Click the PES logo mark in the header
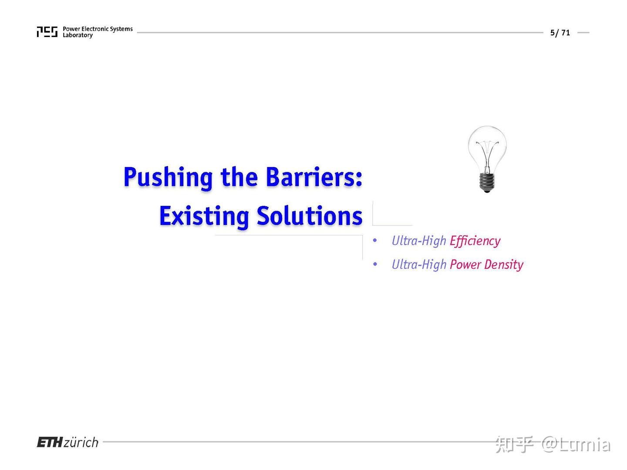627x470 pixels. pyautogui.click(x=47, y=32)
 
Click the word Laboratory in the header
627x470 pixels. pyautogui.click(x=78, y=35)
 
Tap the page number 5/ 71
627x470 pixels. pyautogui.click(x=560, y=33)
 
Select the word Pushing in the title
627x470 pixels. pyautogui.click(x=168, y=178)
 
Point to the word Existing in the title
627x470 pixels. pyautogui.click(x=204, y=216)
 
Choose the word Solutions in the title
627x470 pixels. pyautogui.click(x=309, y=216)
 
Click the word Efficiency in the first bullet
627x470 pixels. pyautogui.click(x=475, y=241)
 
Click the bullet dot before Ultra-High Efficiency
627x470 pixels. pyautogui.click(x=375, y=240)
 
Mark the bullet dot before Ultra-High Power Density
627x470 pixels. pyautogui.click(x=375, y=264)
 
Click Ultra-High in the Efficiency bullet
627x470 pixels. pyautogui.click(x=419, y=241)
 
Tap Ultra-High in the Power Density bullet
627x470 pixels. pyautogui.click(x=419, y=265)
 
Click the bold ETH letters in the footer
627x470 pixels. pyautogui.click(x=50, y=443)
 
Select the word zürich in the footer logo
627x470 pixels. pyautogui.click(x=81, y=443)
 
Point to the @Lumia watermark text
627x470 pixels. pyautogui.click(x=576, y=444)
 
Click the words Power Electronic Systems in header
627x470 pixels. pyautogui.click(x=98, y=29)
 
